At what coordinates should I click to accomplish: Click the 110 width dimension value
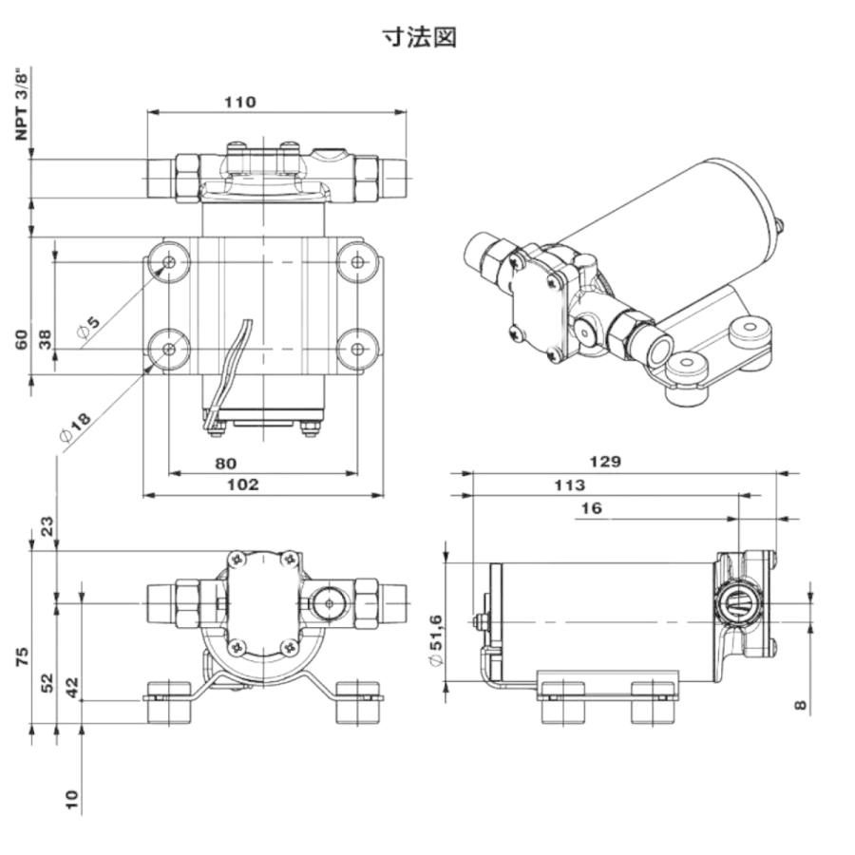(x=239, y=102)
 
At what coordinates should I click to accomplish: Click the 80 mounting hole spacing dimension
(x=225, y=464)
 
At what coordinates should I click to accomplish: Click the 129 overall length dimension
(x=605, y=462)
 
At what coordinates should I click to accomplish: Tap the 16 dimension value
(x=591, y=508)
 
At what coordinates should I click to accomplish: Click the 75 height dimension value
(x=23, y=655)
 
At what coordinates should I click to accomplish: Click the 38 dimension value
(x=45, y=339)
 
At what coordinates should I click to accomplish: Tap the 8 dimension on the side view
(x=800, y=705)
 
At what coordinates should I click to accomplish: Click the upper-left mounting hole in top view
(x=169, y=262)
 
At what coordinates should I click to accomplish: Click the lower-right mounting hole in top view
(x=357, y=350)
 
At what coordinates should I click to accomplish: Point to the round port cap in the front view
(x=329, y=603)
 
